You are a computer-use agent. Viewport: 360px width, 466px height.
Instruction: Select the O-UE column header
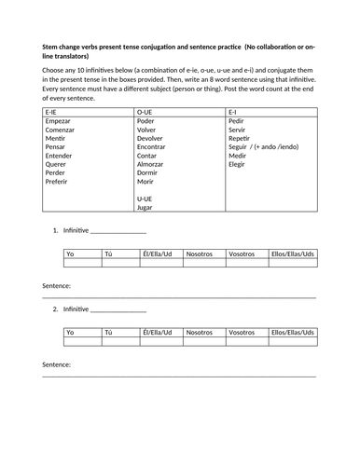pos(146,111)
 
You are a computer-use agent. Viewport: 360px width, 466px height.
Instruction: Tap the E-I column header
pos(235,111)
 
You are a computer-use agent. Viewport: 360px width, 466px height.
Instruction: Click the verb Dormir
pos(149,173)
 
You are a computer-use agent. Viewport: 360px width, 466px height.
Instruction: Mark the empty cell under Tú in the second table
pos(118,342)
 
